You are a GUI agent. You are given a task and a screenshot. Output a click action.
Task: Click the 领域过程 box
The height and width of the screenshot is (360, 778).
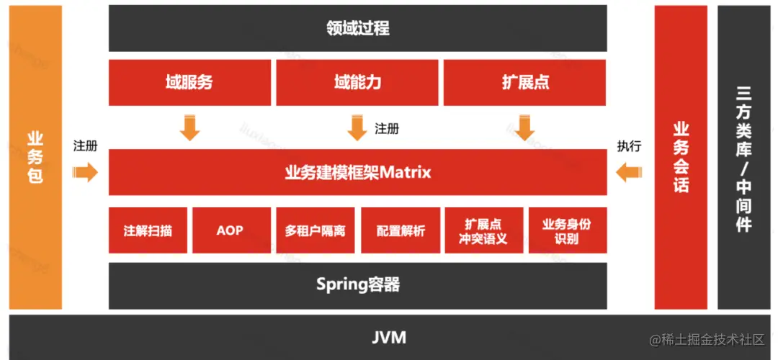click(x=358, y=28)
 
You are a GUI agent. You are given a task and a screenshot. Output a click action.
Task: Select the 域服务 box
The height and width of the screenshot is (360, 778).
click(x=189, y=82)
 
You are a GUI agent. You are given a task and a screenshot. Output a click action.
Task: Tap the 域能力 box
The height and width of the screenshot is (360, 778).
click(x=357, y=82)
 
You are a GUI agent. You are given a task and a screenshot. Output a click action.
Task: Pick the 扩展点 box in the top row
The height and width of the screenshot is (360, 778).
click(x=525, y=82)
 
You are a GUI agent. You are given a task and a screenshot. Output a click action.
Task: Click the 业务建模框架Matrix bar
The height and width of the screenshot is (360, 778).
click(x=358, y=172)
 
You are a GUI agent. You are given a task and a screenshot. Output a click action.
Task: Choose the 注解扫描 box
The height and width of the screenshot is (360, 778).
click(x=148, y=230)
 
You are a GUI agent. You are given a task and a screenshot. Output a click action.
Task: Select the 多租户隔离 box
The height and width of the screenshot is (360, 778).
click(x=315, y=230)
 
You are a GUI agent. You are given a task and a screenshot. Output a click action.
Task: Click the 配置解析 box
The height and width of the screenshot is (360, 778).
click(x=401, y=230)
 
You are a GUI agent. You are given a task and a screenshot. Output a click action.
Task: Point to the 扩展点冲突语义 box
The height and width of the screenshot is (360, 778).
click(x=484, y=230)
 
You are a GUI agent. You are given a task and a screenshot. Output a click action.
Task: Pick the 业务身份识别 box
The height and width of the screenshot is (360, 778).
click(x=568, y=230)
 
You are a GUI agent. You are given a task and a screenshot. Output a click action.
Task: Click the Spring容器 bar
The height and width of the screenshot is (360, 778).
click(x=358, y=285)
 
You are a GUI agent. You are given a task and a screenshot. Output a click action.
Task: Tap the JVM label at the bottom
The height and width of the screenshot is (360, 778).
click(x=389, y=338)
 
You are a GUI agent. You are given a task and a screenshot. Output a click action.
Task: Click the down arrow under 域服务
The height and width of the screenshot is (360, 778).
click(x=189, y=128)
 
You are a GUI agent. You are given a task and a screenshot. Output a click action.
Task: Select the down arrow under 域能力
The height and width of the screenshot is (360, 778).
click(x=357, y=128)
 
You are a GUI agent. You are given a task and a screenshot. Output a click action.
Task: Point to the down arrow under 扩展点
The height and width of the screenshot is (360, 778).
click(x=524, y=128)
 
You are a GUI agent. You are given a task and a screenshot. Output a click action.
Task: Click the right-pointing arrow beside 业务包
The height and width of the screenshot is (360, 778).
click(x=85, y=172)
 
